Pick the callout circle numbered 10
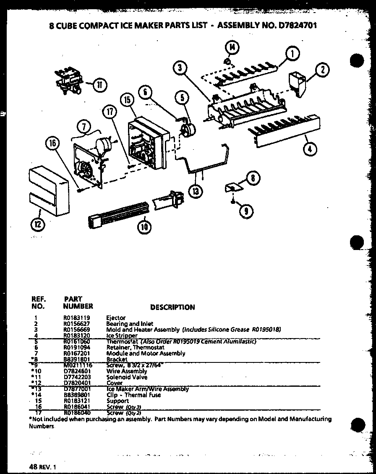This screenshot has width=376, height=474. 144,227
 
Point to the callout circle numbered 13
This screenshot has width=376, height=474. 196,192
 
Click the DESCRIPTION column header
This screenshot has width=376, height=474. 172,307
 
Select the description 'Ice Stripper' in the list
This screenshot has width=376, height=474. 122,336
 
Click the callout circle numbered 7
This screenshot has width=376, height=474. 83,127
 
